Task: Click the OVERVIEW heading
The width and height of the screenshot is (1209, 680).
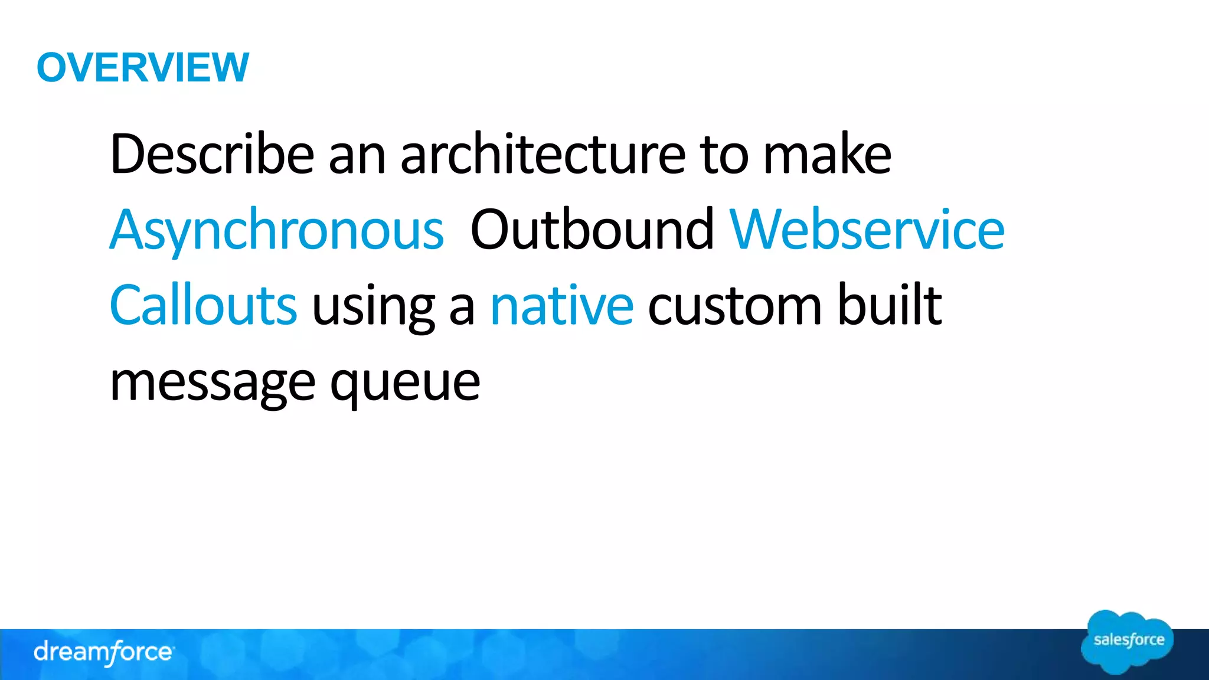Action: click(x=143, y=67)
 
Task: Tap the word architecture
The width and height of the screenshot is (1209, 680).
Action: click(x=543, y=154)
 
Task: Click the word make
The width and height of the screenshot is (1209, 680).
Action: click(x=827, y=154)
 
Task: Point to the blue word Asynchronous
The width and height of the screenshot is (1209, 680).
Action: click(x=276, y=231)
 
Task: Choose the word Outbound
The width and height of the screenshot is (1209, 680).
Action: click(x=592, y=230)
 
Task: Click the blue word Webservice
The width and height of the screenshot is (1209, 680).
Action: click(x=867, y=230)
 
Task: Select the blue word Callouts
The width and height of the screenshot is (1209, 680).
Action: click(x=203, y=305)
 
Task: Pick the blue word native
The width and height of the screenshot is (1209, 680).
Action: click(x=562, y=305)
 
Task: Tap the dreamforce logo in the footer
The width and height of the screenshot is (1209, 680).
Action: click(x=103, y=652)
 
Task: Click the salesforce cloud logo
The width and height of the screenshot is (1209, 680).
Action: click(x=1128, y=642)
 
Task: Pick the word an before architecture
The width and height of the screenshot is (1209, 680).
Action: click(x=357, y=155)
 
